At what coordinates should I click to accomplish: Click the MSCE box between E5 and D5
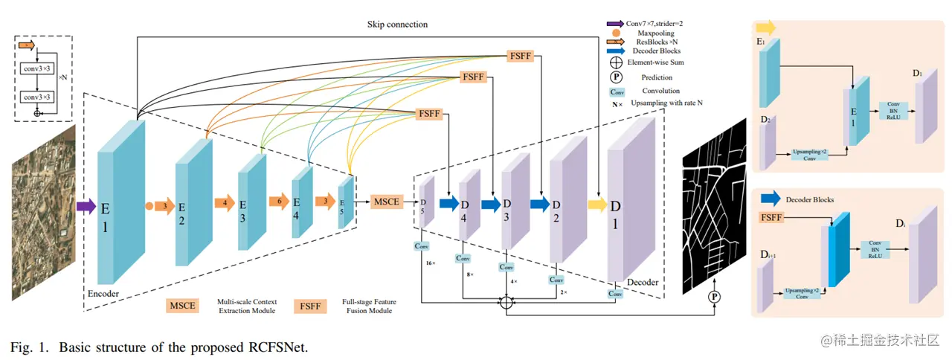(387, 201)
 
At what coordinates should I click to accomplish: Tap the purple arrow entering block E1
(86, 206)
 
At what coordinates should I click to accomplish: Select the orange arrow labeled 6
(278, 202)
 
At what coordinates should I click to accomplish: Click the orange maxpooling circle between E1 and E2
(149, 205)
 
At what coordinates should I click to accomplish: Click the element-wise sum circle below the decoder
(506, 302)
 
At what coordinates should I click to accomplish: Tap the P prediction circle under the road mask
(715, 297)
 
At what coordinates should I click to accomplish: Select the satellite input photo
(43, 212)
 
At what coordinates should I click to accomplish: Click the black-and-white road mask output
(714, 204)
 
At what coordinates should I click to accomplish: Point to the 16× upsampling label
(431, 263)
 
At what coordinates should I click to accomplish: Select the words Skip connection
(398, 24)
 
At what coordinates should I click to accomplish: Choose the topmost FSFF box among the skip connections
(520, 56)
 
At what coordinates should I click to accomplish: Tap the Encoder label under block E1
(103, 293)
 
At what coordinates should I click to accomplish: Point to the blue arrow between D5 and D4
(449, 203)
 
